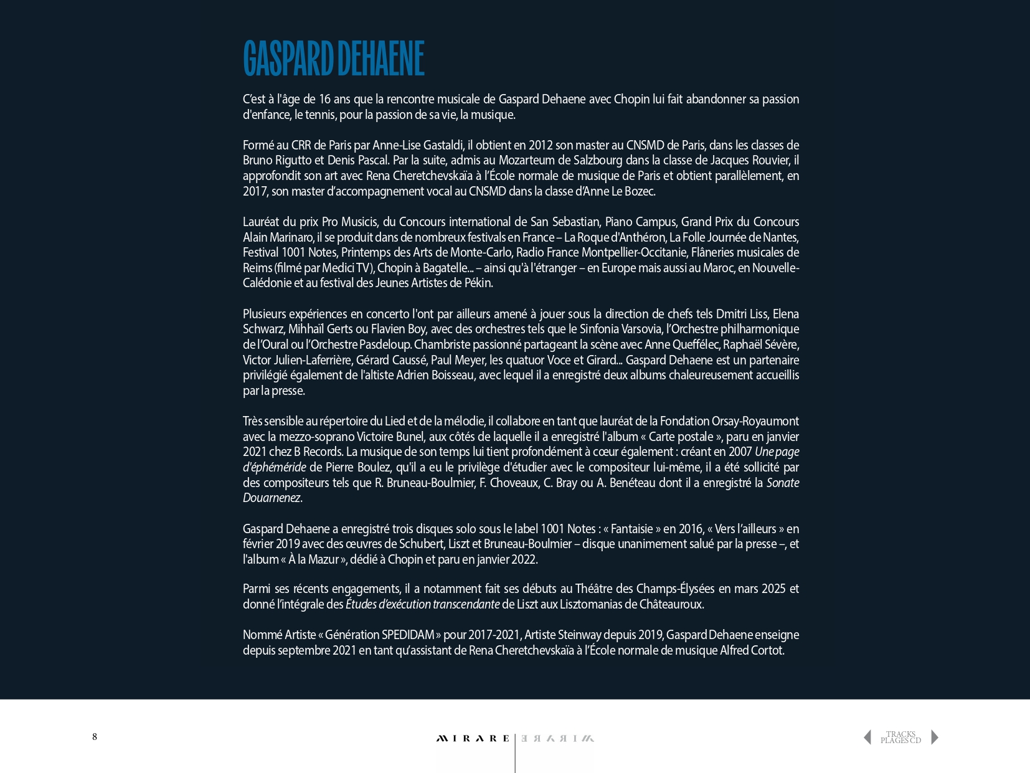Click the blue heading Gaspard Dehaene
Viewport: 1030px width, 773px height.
[333, 59]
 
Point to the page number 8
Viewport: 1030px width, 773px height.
[95, 737]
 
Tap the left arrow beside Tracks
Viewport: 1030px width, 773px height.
[867, 737]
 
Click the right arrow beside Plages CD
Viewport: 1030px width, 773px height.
[934, 737]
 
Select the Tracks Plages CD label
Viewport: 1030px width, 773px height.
[900, 737]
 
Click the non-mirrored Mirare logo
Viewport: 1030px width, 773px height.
[473, 739]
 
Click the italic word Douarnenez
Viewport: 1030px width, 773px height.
[272, 498]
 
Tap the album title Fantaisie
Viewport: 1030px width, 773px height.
[631, 529]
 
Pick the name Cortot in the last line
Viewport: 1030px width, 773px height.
[767, 650]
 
